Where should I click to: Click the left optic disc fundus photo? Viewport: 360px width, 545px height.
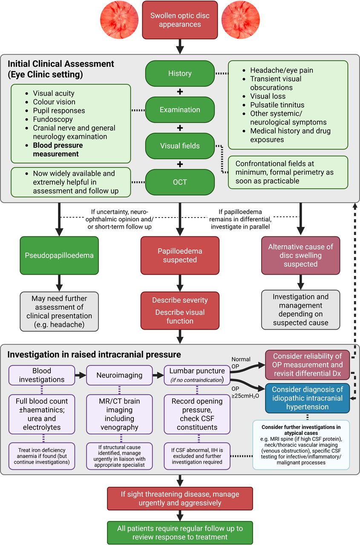[x=119, y=20]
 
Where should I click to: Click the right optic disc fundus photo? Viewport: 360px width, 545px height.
[x=240, y=20]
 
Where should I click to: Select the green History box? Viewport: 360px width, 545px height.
[x=180, y=74]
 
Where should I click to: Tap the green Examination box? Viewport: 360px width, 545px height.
[x=180, y=110]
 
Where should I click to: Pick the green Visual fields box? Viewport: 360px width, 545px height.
[x=180, y=146]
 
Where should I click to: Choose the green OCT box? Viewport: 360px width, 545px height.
[x=180, y=182]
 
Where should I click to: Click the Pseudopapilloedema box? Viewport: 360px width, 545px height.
[x=59, y=255]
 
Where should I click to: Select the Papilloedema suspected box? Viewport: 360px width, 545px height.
[x=180, y=255]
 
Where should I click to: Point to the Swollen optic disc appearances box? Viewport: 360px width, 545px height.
[x=180, y=20]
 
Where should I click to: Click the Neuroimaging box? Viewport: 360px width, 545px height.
[x=119, y=375]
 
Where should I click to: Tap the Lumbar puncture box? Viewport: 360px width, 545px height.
[x=197, y=375]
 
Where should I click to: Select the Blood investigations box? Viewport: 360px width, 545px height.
[x=42, y=375]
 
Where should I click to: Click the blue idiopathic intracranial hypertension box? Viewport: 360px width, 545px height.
[x=308, y=398]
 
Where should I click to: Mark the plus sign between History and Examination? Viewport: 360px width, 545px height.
[x=180, y=92]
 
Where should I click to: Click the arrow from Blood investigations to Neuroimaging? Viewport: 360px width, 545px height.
[x=81, y=375]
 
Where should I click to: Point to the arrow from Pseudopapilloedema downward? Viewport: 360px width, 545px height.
[x=59, y=283]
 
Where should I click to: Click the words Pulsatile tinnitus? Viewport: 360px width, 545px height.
[x=277, y=105]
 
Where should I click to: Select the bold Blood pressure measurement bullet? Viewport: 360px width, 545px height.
[x=58, y=149]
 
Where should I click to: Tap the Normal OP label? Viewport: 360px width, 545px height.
[x=241, y=363]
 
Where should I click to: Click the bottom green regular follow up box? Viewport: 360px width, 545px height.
[x=180, y=533]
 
